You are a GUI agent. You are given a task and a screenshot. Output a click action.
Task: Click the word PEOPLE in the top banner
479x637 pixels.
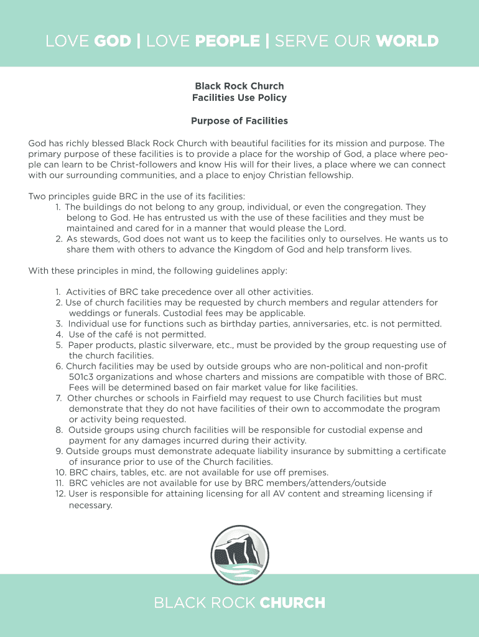[227, 41]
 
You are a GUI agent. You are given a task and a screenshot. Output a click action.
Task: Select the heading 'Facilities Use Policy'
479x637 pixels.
[240, 98]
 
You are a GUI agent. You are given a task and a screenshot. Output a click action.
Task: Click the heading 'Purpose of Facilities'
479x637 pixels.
[240, 121]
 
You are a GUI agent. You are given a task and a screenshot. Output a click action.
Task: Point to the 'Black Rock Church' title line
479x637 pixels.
[240, 86]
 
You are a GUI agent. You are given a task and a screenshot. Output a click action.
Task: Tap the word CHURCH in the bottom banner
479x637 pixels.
[292, 602]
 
